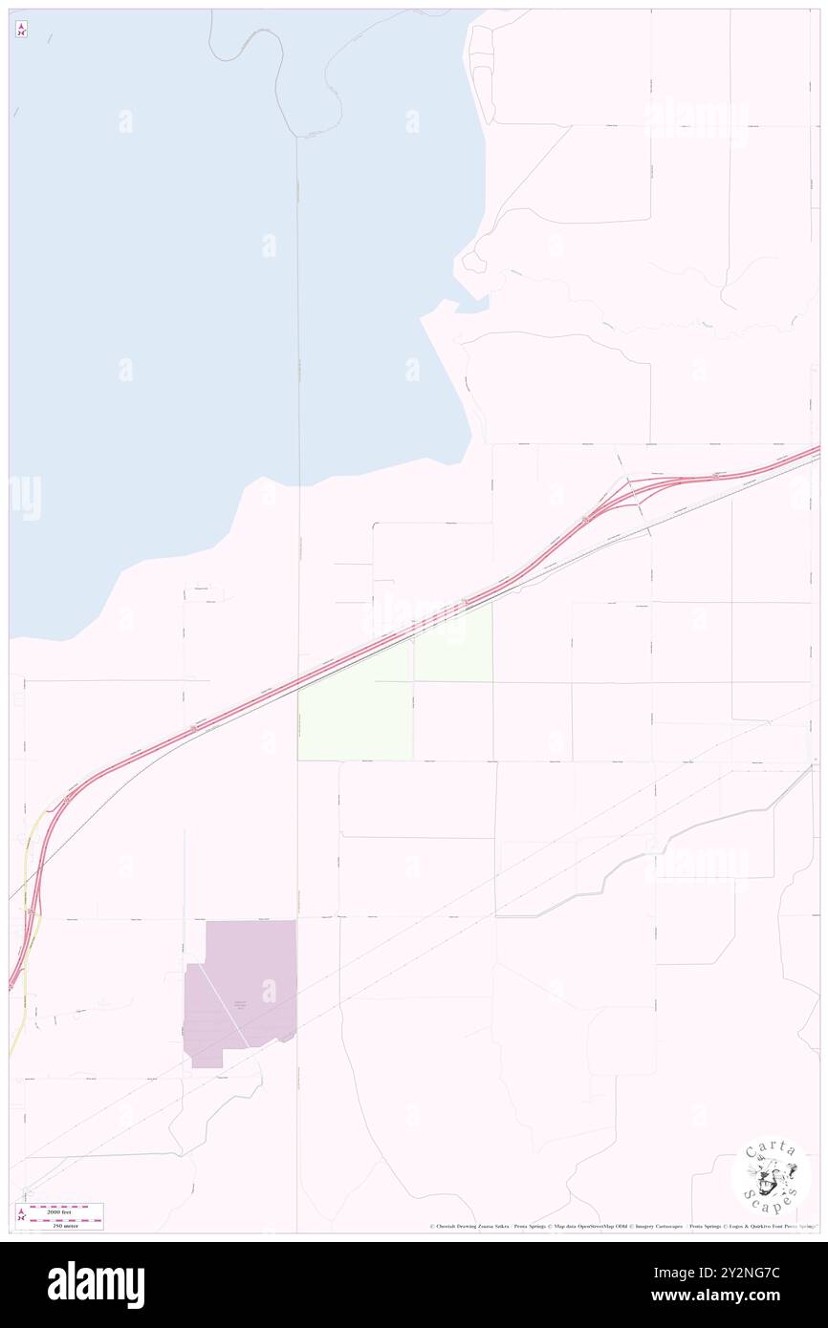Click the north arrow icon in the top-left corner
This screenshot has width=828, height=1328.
pos(21,30)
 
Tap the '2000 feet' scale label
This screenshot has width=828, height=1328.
pos(65,1210)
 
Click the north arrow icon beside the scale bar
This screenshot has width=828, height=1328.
pos(21,1215)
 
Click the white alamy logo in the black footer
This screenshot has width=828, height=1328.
pos(96,1285)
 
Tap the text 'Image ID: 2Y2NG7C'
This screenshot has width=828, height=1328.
pos(754,1273)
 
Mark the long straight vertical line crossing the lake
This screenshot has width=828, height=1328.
pos(297,315)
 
